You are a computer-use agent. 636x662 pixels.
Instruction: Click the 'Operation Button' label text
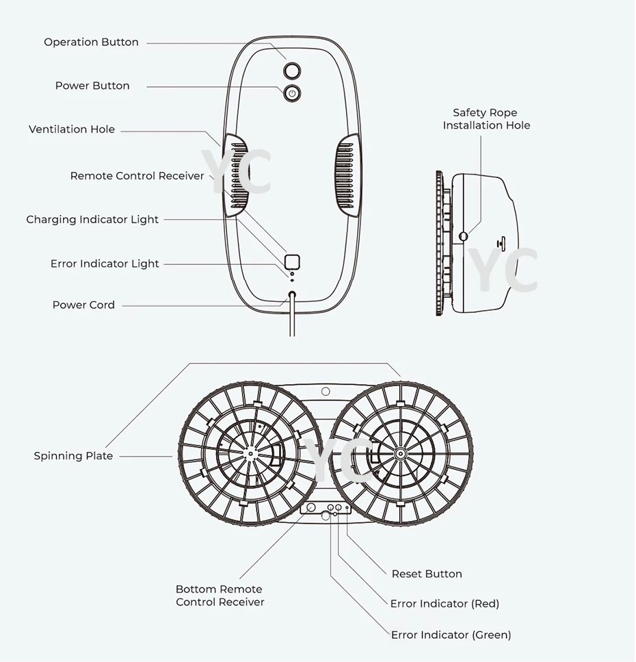tap(91, 42)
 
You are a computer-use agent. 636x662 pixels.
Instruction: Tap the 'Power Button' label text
tap(92, 86)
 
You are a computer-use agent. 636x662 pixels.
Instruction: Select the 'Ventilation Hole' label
tap(72, 129)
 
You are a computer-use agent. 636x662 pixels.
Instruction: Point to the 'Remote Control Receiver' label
tap(137, 176)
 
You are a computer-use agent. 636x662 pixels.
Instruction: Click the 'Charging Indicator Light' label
tap(92, 220)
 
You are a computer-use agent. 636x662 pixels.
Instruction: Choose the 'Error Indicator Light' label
tap(105, 264)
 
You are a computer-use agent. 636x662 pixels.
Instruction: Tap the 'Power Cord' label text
tap(83, 305)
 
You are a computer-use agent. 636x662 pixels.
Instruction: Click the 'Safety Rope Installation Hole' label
tap(486, 119)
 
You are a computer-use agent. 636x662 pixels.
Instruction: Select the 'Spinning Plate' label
tap(73, 456)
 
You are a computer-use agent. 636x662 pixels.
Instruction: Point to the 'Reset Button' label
tap(427, 574)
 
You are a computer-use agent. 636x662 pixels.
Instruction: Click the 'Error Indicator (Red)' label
tap(445, 604)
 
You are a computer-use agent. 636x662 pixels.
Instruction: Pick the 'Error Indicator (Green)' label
tap(451, 635)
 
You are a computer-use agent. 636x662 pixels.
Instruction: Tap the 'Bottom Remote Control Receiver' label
tap(220, 596)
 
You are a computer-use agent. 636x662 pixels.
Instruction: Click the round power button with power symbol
tap(292, 94)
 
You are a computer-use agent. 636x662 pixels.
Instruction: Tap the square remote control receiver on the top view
tap(292, 261)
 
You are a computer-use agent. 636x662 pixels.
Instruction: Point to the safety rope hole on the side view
tap(464, 236)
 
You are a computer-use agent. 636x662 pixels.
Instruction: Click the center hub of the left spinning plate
tap(251, 453)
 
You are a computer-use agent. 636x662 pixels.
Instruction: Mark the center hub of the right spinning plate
tap(400, 453)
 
